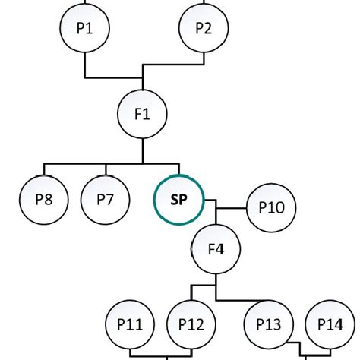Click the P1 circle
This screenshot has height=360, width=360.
(x=84, y=28)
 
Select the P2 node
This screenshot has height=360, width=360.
(x=203, y=28)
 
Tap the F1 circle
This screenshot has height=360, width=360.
(x=142, y=115)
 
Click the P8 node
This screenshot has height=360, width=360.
(x=44, y=200)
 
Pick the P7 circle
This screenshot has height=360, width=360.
(x=106, y=200)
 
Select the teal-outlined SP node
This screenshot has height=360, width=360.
(x=178, y=200)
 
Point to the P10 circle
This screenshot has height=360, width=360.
(x=271, y=206)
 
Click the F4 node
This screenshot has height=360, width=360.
(x=216, y=248)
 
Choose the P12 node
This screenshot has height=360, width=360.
(x=191, y=324)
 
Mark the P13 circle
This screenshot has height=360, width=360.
(x=268, y=324)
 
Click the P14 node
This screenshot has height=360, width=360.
(x=330, y=324)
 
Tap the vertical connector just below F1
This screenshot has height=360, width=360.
(x=142, y=150)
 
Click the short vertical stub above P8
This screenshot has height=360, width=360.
(x=44, y=169)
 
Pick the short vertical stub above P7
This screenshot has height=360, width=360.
(x=106, y=169)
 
